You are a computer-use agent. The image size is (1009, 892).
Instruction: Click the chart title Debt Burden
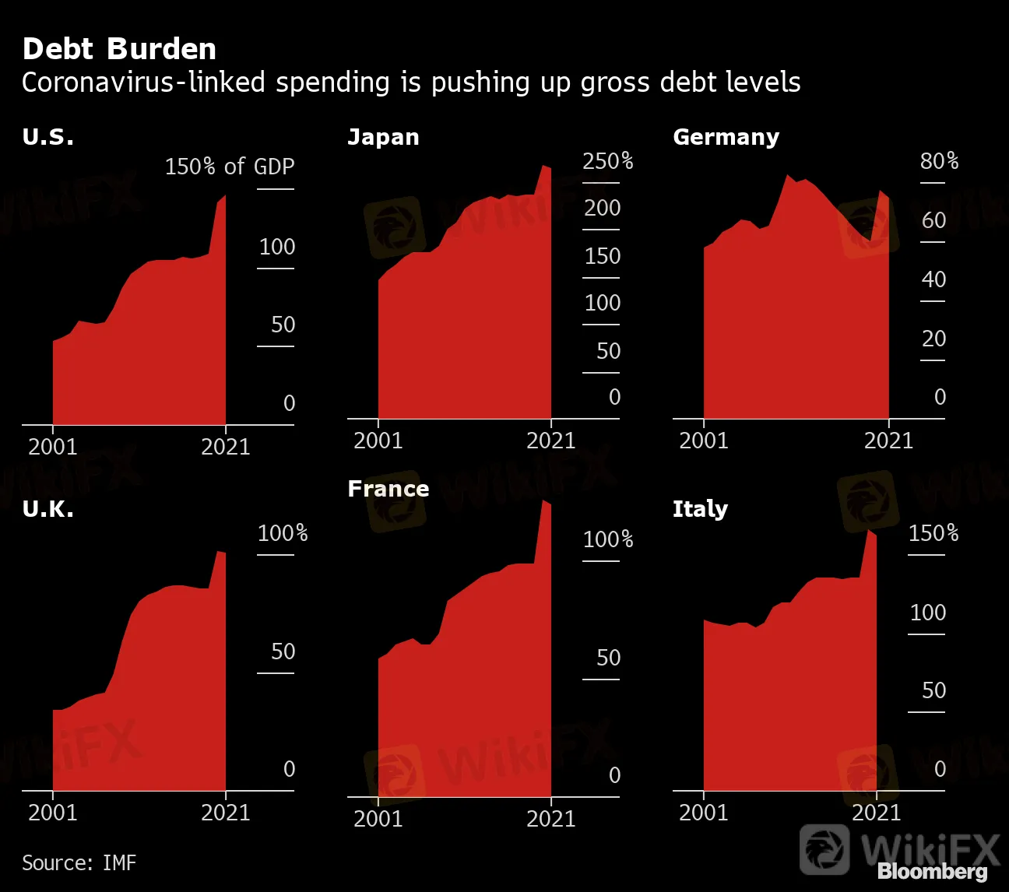(119, 49)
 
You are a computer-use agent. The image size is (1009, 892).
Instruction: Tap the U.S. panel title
(48, 137)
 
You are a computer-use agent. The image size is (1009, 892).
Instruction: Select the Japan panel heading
(383, 137)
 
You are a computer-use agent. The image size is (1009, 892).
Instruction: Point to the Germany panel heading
(726, 137)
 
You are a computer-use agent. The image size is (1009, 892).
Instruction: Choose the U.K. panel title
(48, 509)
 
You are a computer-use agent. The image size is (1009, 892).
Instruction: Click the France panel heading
(388, 489)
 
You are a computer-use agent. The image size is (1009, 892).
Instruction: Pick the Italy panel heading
(700, 509)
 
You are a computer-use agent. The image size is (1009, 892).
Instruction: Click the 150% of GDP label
(230, 167)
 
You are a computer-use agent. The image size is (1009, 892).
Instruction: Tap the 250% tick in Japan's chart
(607, 161)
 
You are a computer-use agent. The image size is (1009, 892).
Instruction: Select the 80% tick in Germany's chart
(939, 161)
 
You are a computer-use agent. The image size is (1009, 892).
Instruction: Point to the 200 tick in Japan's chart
(603, 209)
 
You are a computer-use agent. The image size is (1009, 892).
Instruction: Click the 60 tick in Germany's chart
(933, 220)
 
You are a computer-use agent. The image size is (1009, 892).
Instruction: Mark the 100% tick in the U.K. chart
(283, 533)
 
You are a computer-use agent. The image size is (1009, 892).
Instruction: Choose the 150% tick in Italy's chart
(933, 533)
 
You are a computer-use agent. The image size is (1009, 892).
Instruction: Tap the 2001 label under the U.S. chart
(53, 447)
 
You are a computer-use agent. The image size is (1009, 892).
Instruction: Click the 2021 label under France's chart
(550, 819)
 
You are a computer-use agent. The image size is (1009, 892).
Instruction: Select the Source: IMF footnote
(79, 862)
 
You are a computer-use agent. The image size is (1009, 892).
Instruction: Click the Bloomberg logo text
(932, 872)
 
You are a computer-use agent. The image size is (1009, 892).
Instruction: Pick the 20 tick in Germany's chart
(933, 339)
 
